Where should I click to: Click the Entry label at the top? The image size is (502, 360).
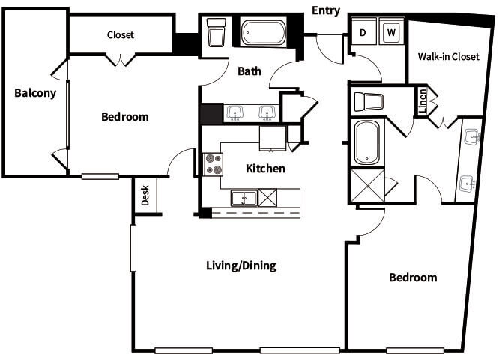pyautogui.click(x=326, y=10)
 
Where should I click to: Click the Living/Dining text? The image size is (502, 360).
pyautogui.click(x=241, y=265)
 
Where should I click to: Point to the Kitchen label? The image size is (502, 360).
pyautogui.click(x=265, y=168)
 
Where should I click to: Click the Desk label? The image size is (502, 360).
pyautogui.click(x=145, y=196)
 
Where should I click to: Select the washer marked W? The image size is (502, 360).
pyautogui.click(x=390, y=33)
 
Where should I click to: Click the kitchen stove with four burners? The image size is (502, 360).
pyautogui.click(x=214, y=164)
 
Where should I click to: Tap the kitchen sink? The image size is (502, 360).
pyautogui.click(x=244, y=198)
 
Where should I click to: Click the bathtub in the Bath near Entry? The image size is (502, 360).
pyautogui.click(x=263, y=33)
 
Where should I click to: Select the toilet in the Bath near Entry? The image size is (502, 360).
pyautogui.click(x=217, y=34)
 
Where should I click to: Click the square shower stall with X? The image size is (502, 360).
pyautogui.click(x=367, y=185)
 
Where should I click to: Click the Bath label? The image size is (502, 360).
pyautogui.click(x=250, y=71)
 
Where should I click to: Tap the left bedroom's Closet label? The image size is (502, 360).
pyautogui.click(x=121, y=34)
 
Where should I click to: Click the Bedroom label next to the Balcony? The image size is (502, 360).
pyautogui.click(x=125, y=117)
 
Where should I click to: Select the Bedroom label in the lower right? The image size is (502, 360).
pyautogui.click(x=412, y=277)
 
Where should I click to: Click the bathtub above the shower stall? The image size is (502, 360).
pyautogui.click(x=367, y=142)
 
